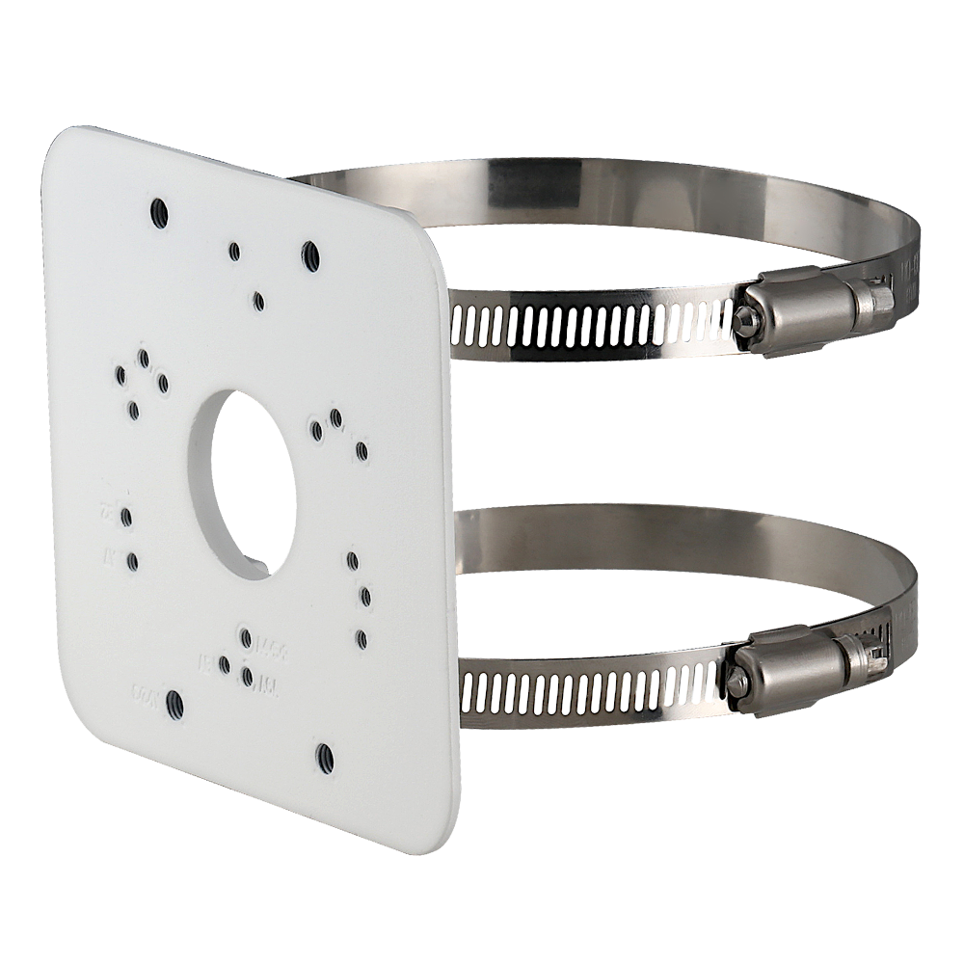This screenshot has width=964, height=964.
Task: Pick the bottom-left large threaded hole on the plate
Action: click(174, 702)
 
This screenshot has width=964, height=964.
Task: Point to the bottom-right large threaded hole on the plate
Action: click(323, 759)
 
